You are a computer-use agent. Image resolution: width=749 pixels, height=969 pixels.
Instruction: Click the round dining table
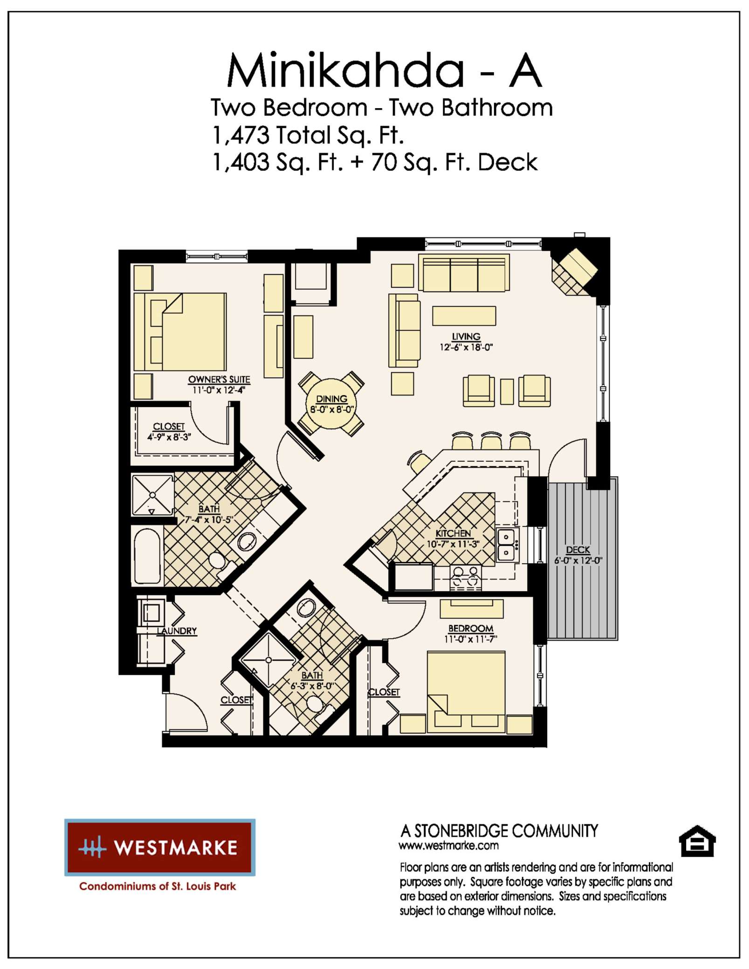(331, 404)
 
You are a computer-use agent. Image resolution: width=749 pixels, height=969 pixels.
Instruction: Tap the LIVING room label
(466, 336)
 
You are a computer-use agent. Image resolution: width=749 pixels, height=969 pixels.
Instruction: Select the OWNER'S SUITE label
(219, 380)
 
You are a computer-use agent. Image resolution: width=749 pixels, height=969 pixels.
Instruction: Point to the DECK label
(578, 550)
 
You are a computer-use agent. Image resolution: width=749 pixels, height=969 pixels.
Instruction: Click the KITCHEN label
(453, 533)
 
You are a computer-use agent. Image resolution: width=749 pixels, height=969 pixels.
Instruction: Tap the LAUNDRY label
(177, 631)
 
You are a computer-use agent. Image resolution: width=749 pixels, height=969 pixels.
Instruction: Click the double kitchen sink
(507, 545)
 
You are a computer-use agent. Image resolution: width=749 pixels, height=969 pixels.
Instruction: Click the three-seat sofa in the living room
(464, 273)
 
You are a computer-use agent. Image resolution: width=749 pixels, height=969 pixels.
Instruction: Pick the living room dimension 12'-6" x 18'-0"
(466, 347)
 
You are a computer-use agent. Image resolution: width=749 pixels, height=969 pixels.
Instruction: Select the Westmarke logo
(160, 847)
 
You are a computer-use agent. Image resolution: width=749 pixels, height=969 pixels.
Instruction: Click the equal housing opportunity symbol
(697, 841)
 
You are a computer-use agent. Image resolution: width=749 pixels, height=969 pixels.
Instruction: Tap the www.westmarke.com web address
(448, 845)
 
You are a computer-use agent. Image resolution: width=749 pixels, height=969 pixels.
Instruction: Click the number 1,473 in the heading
(241, 135)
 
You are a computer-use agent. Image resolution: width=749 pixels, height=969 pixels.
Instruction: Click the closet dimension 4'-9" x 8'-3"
(169, 437)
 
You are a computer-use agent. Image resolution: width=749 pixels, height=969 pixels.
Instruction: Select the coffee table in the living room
(464, 316)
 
